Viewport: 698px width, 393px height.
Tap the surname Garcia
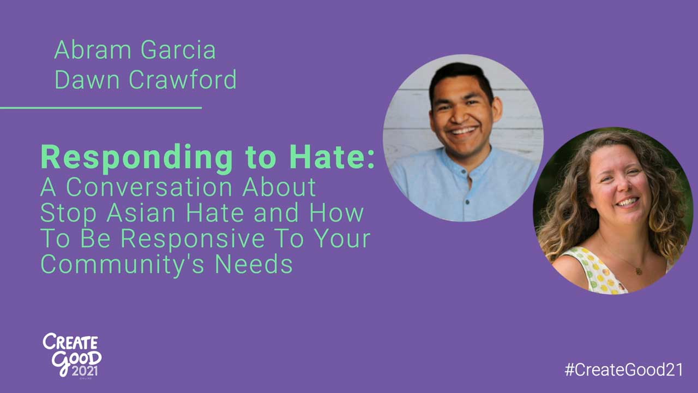(178, 50)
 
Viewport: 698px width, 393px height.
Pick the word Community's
(123, 265)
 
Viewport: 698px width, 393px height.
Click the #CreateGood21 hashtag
(624, 370)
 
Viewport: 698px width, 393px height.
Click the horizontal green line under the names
(101, 108)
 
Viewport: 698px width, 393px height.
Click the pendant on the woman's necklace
(639, 271)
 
